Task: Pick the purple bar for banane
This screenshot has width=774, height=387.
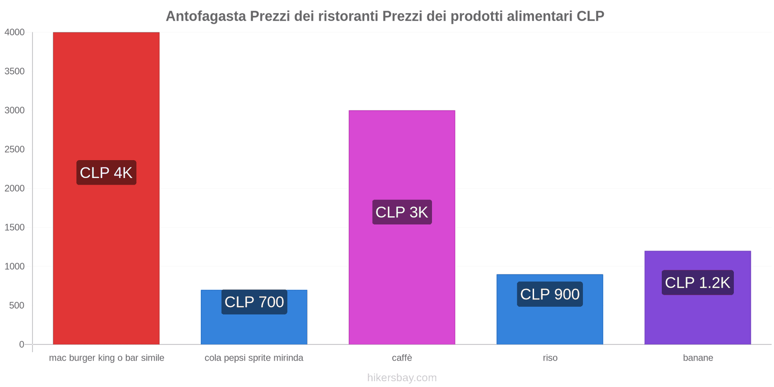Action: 698,319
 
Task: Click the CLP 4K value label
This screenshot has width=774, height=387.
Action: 106,173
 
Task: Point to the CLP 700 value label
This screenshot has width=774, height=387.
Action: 254,302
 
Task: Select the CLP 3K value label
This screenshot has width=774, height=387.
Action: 402,212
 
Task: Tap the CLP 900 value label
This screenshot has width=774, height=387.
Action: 550,294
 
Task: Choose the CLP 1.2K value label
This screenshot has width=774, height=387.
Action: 698,283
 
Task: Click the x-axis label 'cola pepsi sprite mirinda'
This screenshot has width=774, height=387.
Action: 254,358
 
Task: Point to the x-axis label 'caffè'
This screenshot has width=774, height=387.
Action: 402,358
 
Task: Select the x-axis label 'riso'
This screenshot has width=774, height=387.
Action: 550,358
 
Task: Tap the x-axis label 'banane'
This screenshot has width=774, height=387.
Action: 698,358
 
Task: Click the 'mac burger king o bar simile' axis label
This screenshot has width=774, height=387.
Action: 106,358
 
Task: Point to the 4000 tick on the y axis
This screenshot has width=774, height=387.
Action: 15,32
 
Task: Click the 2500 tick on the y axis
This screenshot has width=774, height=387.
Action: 15,149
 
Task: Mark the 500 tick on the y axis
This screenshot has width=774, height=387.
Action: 16,306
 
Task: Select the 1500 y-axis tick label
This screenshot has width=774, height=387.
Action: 15,227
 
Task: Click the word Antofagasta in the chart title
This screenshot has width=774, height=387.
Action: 206,16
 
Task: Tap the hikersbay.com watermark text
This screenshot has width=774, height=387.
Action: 402,378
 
